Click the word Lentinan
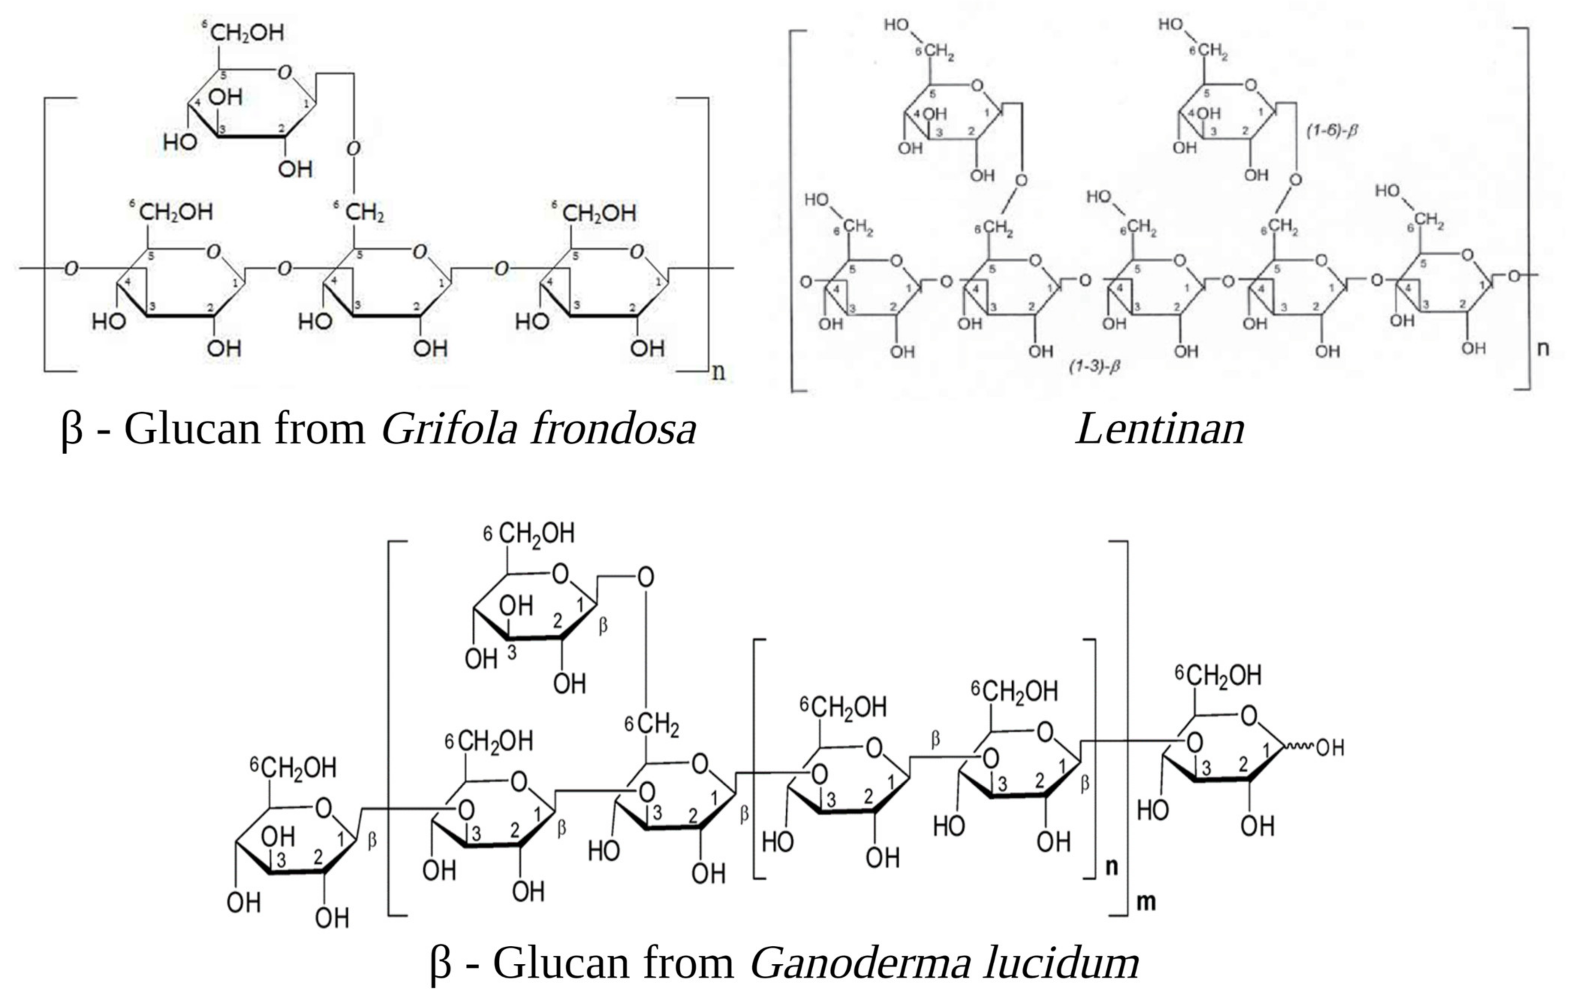[x=1160, y=430]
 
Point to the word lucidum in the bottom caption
[x=1061, y=963]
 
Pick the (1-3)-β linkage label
[x=1094, y=366]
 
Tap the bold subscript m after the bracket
[x=1146, y=902]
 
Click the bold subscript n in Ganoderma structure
[x=1111, y=867]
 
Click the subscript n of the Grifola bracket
[x=718, y=372]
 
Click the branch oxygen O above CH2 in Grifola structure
[x=354, y=149]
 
